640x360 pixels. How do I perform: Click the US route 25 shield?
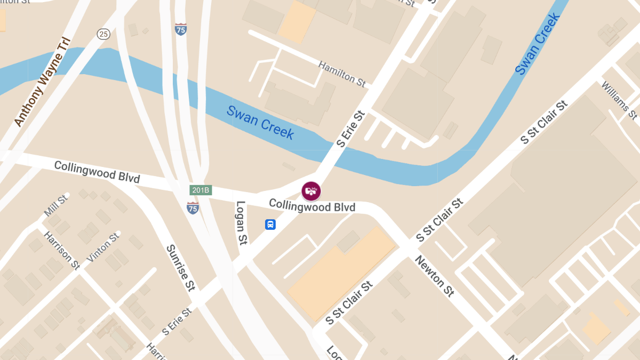103,34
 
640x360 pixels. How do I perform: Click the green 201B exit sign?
201,190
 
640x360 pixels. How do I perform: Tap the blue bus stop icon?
270,225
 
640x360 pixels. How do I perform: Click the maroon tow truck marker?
311,190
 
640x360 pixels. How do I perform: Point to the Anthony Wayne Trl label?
43,82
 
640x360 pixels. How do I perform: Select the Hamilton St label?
342,74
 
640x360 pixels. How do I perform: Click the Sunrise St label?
180,268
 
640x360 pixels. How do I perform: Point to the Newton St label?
435,276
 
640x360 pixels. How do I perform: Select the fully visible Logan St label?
242,223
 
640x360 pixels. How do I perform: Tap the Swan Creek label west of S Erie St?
260,122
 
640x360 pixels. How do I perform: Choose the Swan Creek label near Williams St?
538,43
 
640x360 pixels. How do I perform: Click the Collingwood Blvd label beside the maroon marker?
312,205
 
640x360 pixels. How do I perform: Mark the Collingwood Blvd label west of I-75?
97,172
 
